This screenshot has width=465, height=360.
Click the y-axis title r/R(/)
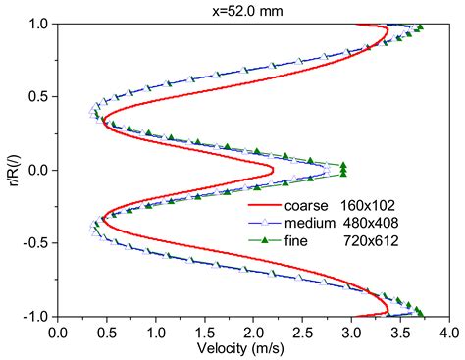click(x=11, y=170)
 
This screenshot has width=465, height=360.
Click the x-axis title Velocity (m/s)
click(x=252, y=349)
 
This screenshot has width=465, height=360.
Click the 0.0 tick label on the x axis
click(x=58, y=331)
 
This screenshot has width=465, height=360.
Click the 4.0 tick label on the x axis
click(x=446, y=331)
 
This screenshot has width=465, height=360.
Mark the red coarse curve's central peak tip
click(x=273, y=170)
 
